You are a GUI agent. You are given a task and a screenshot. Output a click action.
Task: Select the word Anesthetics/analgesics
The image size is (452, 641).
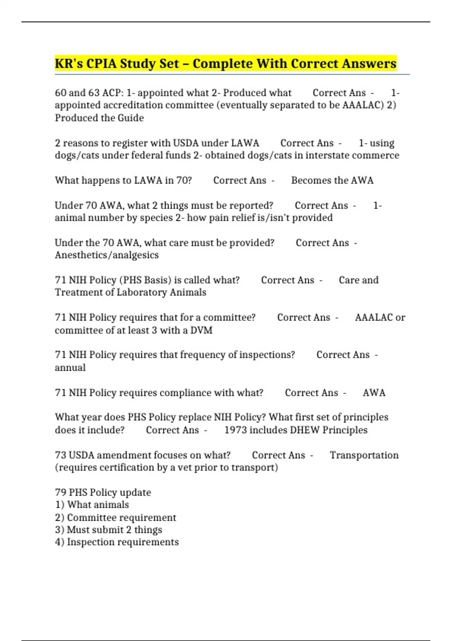(x=107, y=255)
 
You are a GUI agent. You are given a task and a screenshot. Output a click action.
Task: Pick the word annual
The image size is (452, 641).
(x=70, y=368)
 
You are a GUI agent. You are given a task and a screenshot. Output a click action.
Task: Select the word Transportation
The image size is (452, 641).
(x=364, y=455)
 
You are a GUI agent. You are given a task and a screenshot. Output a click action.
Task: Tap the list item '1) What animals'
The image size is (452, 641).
(x=92, y=505)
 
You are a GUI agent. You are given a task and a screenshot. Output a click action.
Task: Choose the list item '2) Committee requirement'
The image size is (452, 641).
(x=115, y=518)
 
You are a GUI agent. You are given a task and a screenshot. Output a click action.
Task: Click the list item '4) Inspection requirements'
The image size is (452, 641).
(x=117, y=542)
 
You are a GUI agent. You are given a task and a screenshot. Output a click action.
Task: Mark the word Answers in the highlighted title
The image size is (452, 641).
(x=369, y=63)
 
